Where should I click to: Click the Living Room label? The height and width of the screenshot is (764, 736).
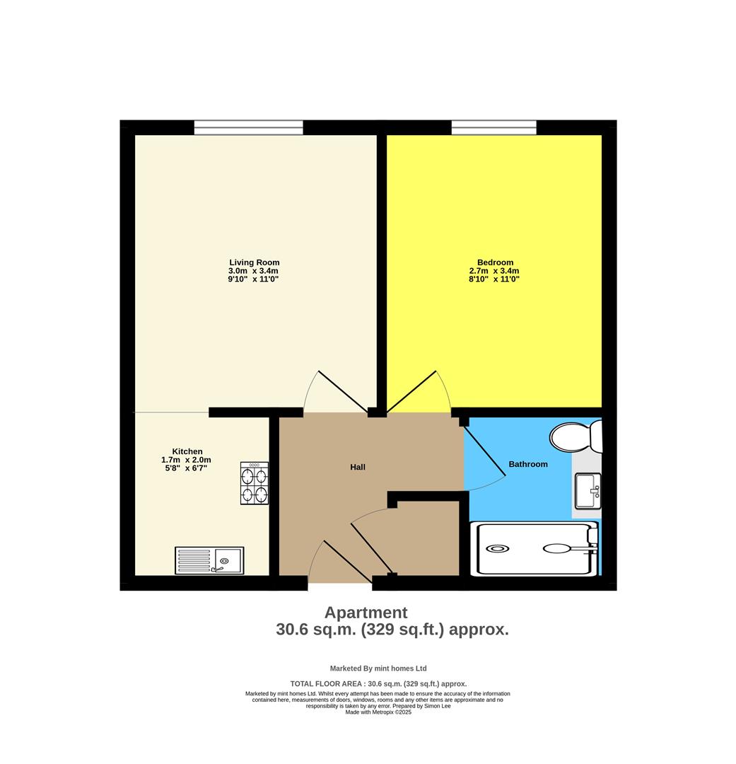(254, 262)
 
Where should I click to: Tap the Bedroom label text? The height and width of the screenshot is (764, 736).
(494, 262)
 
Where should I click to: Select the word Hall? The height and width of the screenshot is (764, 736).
(358, 467)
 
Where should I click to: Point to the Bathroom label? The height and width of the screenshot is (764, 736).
(528, 464)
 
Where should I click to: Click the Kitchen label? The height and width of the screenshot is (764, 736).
(187, 451)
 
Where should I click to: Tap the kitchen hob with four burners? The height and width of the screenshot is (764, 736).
(255, 483)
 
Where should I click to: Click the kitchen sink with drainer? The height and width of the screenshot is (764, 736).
(209, 560)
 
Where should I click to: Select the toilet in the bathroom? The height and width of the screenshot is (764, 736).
(576, 436)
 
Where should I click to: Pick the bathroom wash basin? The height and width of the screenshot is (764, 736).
(588, 491)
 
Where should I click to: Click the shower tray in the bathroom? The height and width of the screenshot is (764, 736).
(537, 548)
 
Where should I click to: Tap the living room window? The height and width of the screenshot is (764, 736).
(248, 127)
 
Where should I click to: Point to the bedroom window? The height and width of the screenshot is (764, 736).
(493, 127)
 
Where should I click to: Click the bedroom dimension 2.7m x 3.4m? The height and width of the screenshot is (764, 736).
(494, 271)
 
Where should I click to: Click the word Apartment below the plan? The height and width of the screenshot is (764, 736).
(366, 613)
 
